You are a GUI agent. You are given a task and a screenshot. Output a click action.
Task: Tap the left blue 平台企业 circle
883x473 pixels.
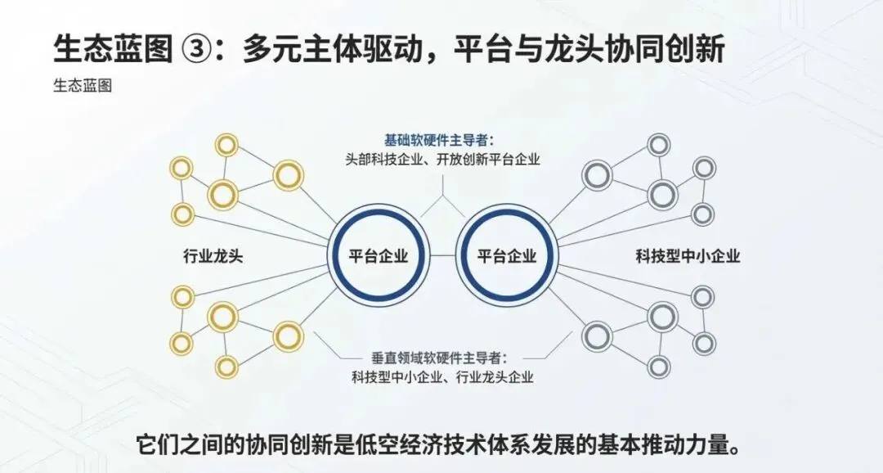pos(379,256)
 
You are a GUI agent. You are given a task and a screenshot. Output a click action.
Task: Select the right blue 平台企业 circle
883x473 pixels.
pos(507,256)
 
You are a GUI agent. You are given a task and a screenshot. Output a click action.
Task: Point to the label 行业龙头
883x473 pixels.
pos(213,256)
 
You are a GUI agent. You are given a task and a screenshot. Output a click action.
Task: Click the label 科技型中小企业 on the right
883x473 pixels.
pos(688,256)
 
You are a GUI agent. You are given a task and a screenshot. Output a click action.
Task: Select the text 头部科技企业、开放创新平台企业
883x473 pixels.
pos(442,159)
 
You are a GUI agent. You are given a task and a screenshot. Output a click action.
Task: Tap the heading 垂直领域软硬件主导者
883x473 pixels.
pos(439,358)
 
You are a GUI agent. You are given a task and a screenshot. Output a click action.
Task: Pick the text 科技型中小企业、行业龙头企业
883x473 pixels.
pos(442,377)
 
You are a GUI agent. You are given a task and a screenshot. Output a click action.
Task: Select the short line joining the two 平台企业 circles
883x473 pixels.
pos(442,256)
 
